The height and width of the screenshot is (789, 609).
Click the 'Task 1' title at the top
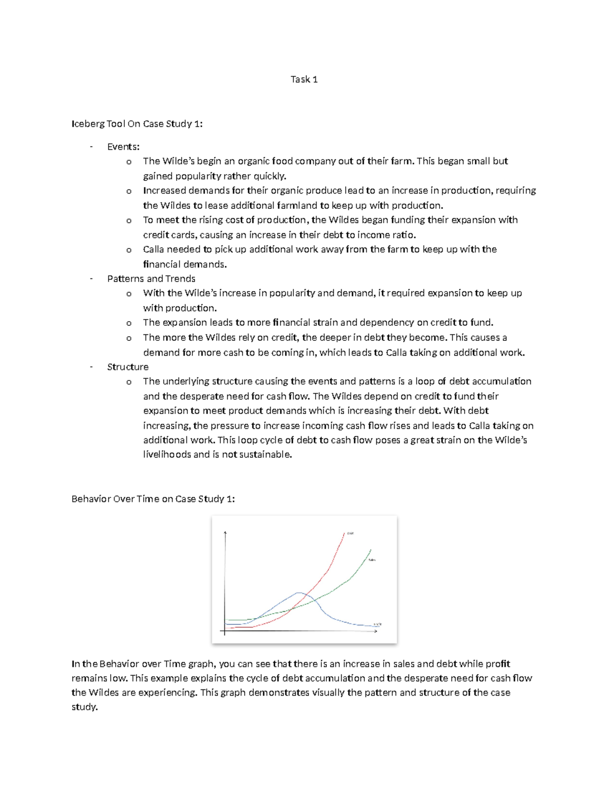point(304,79)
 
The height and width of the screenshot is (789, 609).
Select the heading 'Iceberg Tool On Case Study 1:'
point(137,123)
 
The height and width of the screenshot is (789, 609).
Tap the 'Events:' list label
point(123,147)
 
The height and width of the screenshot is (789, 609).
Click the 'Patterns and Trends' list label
point(151,278)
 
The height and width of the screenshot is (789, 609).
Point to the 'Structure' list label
point(128,367)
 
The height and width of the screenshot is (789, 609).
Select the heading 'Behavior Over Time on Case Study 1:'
point(153,499)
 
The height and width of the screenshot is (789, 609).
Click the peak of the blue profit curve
point(299,592)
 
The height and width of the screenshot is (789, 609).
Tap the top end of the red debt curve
point(345,533)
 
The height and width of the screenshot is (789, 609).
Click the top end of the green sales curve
point(371,550)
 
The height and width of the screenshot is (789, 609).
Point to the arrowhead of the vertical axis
point(224,532)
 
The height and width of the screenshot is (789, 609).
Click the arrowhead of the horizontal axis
point(376,632)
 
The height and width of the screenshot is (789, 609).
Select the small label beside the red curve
point(350,533)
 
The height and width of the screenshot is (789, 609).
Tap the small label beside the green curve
point(372,560)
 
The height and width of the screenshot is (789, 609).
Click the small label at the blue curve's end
point(378,624)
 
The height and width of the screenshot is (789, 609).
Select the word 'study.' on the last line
point(84,707)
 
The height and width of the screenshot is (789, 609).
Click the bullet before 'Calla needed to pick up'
point(129,250)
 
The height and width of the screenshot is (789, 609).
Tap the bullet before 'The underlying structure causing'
point(129,382)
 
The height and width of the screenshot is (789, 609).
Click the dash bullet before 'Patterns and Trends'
point(91,278)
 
